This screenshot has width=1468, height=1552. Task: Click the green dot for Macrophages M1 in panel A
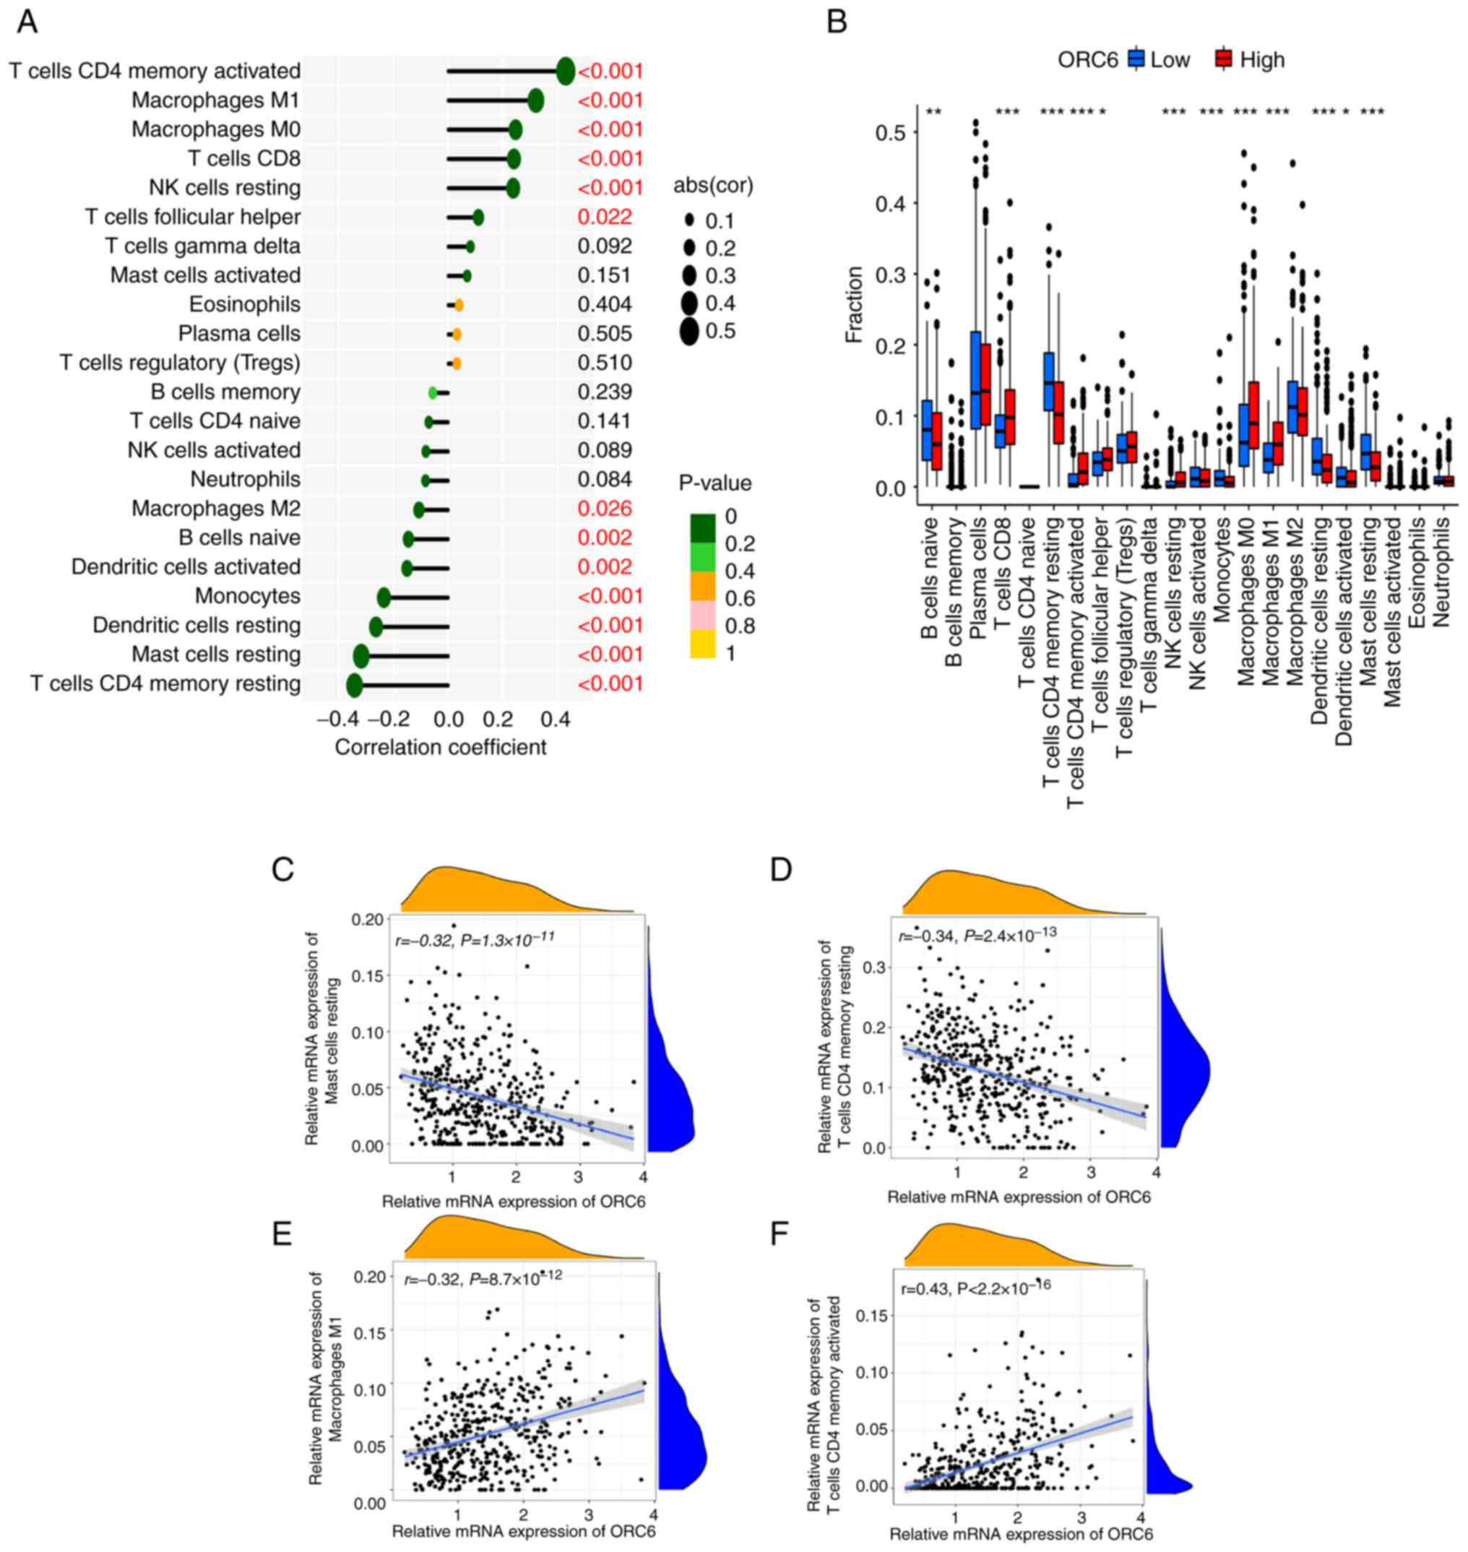click(535, 100)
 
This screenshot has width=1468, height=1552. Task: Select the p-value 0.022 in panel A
click(604, 217)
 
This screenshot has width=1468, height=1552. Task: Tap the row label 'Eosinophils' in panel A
click(244, 304)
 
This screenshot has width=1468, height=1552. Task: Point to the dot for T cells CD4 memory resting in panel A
click(355, 685)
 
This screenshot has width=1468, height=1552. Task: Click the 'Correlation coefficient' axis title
click(441, 747)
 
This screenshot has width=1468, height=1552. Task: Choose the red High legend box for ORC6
click(1224, 59)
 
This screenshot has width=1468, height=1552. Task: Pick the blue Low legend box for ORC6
click(1136, 59)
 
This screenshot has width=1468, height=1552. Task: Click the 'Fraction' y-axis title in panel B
click(855, 304)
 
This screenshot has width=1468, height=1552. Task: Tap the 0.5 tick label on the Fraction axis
click(891, 132)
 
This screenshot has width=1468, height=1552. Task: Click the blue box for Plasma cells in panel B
click(976, 379)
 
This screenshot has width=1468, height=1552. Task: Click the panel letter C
click(282, 869)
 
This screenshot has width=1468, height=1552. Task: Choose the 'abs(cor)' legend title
click(713, 186)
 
